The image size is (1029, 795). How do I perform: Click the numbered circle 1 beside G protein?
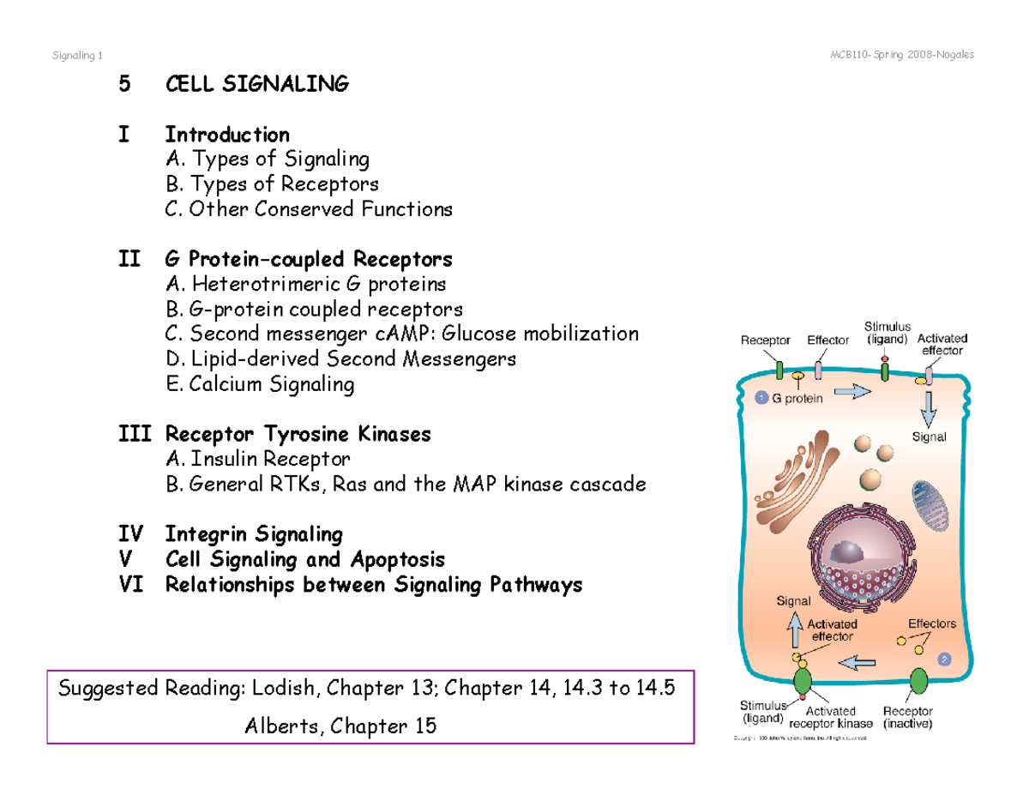click(x=761, y=397)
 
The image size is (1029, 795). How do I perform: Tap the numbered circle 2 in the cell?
click(x=944, y=659)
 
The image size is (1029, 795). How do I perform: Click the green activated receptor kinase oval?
click(x=803, y=683)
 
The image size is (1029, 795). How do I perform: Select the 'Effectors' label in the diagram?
click(x=931, y=623)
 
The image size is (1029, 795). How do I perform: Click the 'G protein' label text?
click(x=797, y=398)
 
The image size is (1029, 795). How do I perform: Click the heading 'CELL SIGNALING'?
click(x=257, y=84)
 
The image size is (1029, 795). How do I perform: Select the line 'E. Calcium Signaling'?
click(x=260, y=384)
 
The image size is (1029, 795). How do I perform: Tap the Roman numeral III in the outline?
click(x=135, y=434)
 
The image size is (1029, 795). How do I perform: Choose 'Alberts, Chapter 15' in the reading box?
click(x=340, y=726)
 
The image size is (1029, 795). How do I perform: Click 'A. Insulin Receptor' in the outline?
click(x=258, y=459)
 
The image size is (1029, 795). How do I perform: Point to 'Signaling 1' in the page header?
click(x=77, y=56)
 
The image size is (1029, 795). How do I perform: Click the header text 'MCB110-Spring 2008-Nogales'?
click(x=901, y=56)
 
